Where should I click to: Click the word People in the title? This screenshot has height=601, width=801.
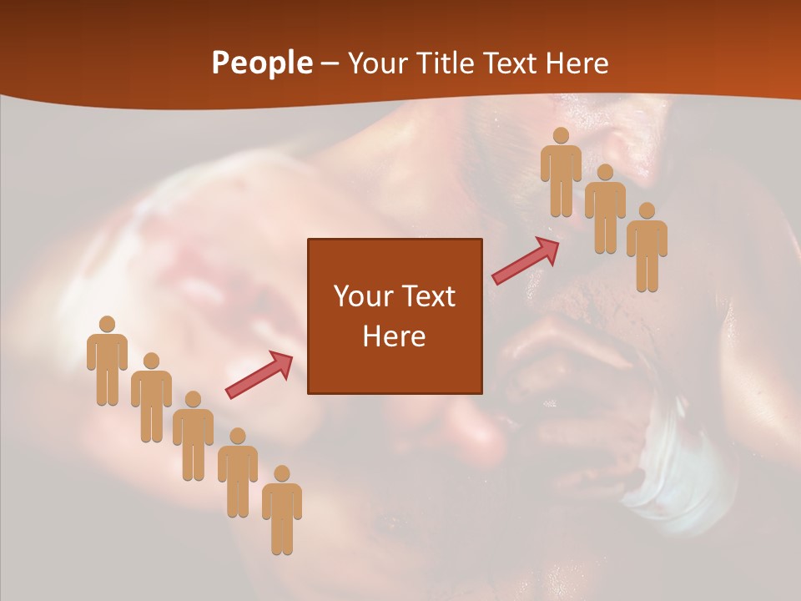[x=261, y=63]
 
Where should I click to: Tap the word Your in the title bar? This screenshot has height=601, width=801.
[x=376, y=63]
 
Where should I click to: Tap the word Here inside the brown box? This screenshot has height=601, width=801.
[x=395, y=336]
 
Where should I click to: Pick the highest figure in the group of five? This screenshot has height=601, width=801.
[x=107, y=362]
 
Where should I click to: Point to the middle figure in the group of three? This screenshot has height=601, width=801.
[x=605, y=210]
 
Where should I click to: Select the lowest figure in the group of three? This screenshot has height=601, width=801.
[x=647, y=249]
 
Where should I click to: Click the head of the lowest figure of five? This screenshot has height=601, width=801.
[x=282, y=474]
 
